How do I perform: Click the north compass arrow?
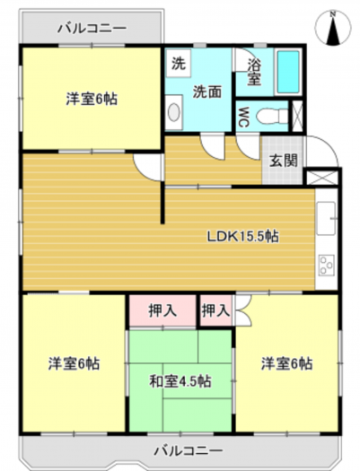pos(333,30)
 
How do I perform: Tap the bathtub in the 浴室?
pos(288,71)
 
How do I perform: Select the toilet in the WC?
pos(273,116)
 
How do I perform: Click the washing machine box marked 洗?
pos(179,64)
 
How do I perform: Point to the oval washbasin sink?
pos(173,112)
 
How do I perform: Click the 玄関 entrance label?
pos(283,161)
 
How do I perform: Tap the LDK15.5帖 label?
pos(242,237)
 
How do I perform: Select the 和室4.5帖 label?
pos(180,381)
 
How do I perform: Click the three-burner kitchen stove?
pos(326,265)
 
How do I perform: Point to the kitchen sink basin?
pos(326,218)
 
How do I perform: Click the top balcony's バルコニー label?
pos(92,29)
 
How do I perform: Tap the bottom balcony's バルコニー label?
pos(189,450)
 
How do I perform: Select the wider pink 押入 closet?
pos(162,310)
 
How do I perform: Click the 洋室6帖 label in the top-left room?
pos(92,99)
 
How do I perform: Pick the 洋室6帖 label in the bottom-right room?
pos(286,363)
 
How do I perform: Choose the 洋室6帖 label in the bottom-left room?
pos(74,363)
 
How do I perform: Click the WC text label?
pos(243,117)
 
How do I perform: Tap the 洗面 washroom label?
pos(207,92)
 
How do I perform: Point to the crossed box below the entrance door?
pos(322,178)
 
